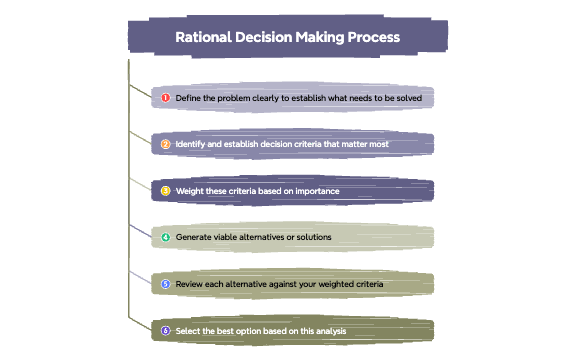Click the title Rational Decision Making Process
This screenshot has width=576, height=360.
click(288, 37)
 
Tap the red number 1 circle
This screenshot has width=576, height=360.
click(166, 98)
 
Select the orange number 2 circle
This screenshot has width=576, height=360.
click(166, 144)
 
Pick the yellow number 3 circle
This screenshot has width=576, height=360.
click(166, 191)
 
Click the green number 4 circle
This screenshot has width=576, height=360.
click(166, 238)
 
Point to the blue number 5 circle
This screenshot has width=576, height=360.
click(166, 284)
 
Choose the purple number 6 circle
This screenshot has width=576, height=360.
click(166, 330)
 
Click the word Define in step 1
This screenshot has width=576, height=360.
click(189, 98)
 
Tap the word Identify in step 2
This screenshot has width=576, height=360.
click(192, 144)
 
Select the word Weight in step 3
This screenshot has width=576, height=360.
click(190, 191)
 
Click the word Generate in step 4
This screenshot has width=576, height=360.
click(194, 238)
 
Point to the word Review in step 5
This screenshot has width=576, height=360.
click(190, 284)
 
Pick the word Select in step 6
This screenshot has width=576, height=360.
click(188, 330)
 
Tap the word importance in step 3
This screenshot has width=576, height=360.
click(315, 191)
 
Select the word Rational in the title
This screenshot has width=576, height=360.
click(202, 37)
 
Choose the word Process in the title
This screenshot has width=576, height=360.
click(368, 37)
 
